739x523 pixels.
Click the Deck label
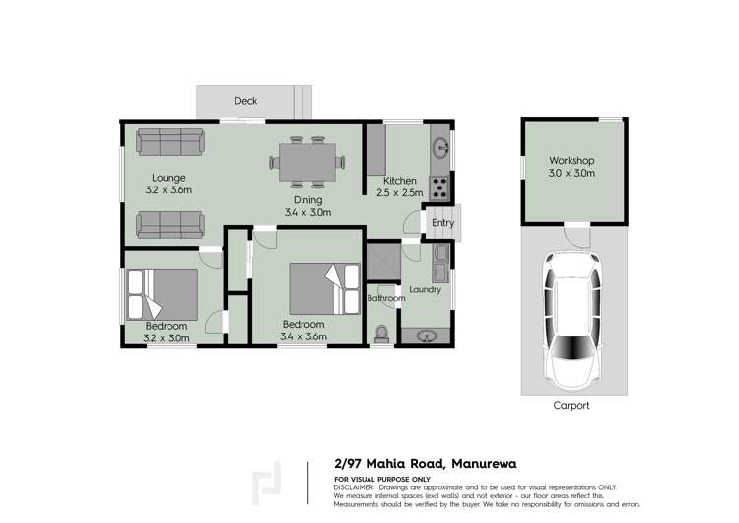(245, 101)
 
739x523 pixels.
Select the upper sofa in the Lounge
(169, 142)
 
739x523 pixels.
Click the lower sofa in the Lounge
(169, 227)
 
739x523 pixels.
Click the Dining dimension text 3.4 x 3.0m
(306, 212)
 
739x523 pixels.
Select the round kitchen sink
(440, 150)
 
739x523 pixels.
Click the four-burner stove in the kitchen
(440, 184)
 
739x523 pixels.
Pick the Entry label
(443, 223)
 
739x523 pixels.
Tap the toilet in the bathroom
(382, 333)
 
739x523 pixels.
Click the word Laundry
(425, 289)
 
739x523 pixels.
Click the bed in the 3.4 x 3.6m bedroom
(325, 288)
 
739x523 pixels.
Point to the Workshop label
(572, 161)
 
